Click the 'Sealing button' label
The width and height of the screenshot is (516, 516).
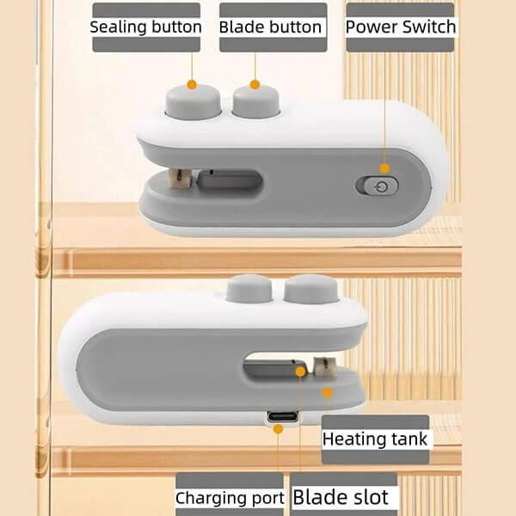point(146,27)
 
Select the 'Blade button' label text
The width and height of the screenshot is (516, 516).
point(270,27)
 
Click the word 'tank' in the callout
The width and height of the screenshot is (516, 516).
point(408,439)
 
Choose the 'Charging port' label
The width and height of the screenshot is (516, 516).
point(230,498)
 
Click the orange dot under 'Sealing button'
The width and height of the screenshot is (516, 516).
point(192,84)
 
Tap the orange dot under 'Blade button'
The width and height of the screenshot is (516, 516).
point(255,84)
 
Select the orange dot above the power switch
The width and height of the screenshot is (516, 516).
point(384,169)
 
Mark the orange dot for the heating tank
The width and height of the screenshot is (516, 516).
point(327,391)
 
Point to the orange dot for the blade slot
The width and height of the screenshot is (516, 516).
point(299,372)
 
